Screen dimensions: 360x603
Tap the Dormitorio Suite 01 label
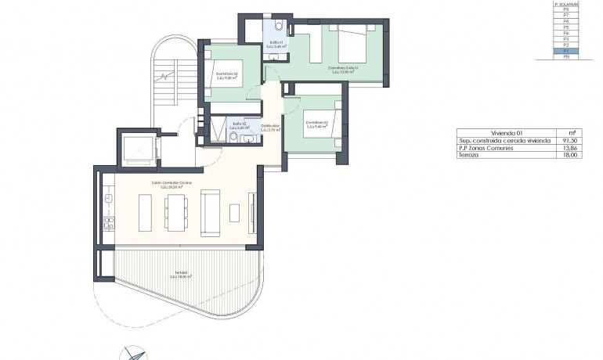click(x=342, y=69)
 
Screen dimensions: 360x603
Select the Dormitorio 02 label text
click(x=226, y=75)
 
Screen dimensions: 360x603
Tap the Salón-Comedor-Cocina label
click(x=172, y=185)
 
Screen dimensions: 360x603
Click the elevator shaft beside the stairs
click(x=136, y=147)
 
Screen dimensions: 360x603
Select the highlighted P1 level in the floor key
click(x=565, y=51)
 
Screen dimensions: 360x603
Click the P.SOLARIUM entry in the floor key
click(x=565, y=4)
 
